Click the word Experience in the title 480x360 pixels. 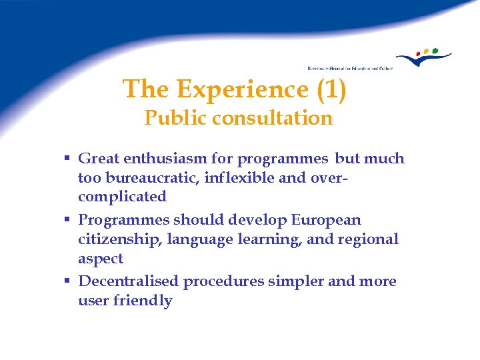point(245,89)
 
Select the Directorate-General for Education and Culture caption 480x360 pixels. point(350,68)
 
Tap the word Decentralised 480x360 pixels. point(129,281)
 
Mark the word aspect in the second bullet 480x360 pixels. point(101,259)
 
